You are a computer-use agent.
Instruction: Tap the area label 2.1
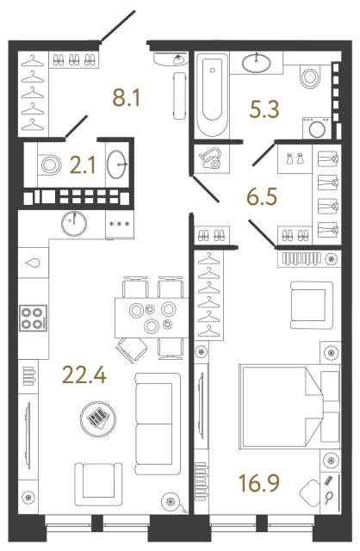coord(82,164)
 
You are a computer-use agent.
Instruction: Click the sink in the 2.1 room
coord(116,161)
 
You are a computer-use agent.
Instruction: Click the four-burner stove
coord(33,319)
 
